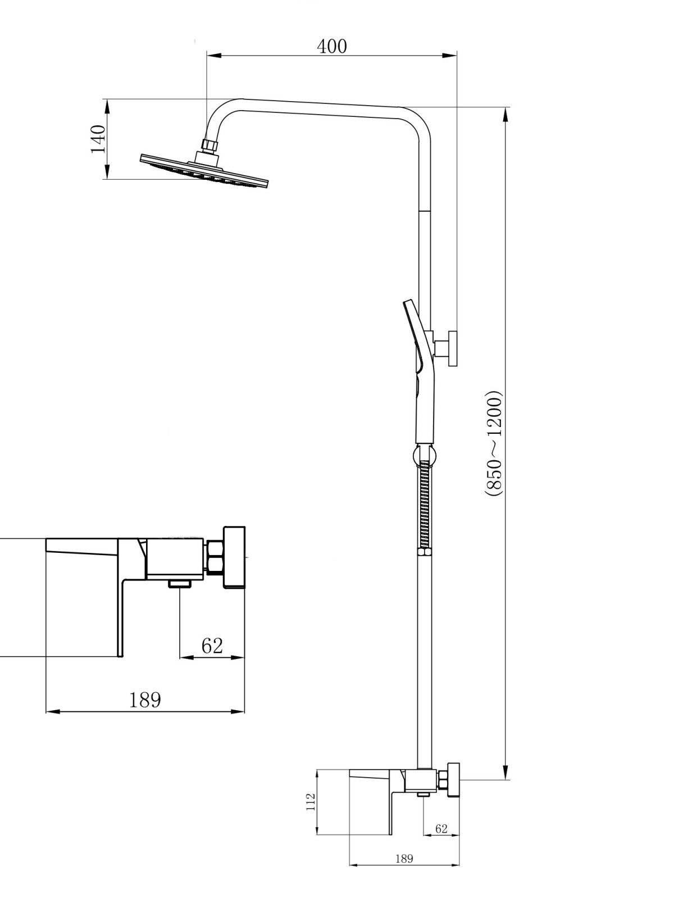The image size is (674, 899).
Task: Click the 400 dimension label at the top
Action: click(331, 47)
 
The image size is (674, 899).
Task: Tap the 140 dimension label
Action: click(98, 139)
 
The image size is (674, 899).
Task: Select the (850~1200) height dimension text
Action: click(494, 443)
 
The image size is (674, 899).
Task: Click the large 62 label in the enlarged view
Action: click(212, 646)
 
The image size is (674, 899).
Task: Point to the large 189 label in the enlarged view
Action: click(145, 700)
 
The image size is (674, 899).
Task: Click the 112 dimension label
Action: click(311, 802)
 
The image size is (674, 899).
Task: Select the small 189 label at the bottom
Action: click(404, 856)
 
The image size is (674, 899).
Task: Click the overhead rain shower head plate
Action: click(204, 171)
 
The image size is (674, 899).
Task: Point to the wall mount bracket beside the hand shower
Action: click(446, 348)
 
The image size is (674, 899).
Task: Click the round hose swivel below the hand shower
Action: click(425, 454)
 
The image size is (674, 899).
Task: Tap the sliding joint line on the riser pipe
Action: click(425, 211)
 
